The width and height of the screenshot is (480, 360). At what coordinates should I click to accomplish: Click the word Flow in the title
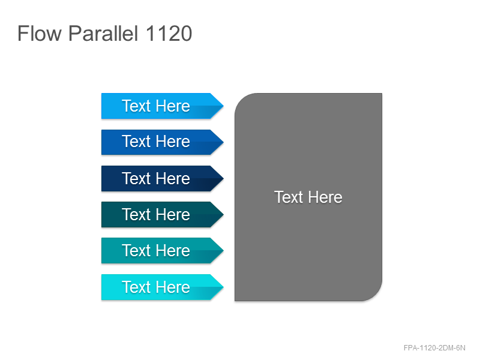40,33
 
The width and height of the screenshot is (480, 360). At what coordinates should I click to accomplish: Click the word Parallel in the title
103,33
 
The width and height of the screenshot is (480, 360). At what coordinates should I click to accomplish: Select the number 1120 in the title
169,33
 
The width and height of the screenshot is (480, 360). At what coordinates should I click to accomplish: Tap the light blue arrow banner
162,106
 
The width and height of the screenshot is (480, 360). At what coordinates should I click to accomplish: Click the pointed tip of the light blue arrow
223,106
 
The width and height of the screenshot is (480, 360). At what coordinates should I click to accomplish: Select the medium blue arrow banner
162,142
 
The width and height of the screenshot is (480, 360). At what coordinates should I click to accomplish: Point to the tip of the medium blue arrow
223,142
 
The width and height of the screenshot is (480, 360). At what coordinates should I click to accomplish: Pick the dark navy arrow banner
162,178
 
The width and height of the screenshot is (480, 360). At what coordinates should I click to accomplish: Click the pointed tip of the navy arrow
223,178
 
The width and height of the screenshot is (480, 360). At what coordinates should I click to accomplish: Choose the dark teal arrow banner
162,214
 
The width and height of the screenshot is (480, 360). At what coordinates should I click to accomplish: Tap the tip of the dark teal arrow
223,214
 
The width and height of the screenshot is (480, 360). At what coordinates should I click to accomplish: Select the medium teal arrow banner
162,250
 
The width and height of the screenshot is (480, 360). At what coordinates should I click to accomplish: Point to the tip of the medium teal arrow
223,250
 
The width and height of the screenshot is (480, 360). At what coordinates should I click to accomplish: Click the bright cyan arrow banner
162,287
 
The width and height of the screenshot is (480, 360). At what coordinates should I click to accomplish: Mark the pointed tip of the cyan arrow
223,287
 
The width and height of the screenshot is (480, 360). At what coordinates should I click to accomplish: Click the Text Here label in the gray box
308,197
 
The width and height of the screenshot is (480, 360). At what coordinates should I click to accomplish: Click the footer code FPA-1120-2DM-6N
434,348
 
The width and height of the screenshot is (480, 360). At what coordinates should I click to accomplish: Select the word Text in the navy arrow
136,178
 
